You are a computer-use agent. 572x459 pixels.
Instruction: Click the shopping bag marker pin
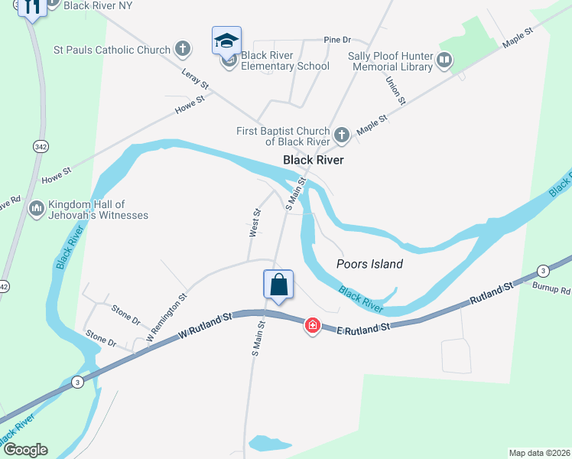(278, 285)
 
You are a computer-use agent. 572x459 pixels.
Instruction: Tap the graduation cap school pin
(226, 41)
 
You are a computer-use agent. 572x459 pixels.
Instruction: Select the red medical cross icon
(312, 326)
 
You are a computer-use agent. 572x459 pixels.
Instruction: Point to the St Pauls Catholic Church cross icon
(182, 50)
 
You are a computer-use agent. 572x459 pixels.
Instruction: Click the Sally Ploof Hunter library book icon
(444, 59)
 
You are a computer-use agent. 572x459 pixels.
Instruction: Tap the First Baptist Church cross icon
(341, 136)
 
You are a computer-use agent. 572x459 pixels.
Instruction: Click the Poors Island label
(369, 264)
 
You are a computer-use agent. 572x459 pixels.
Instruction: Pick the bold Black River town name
(313, 160)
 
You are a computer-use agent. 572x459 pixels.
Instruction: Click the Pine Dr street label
(336, 39)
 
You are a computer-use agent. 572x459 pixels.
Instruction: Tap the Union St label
(395, 90)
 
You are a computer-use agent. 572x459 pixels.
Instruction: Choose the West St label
(255, 223)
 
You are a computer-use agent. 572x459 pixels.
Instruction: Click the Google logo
(25, 450)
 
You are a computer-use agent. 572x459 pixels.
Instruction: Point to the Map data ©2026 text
(539, 452)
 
